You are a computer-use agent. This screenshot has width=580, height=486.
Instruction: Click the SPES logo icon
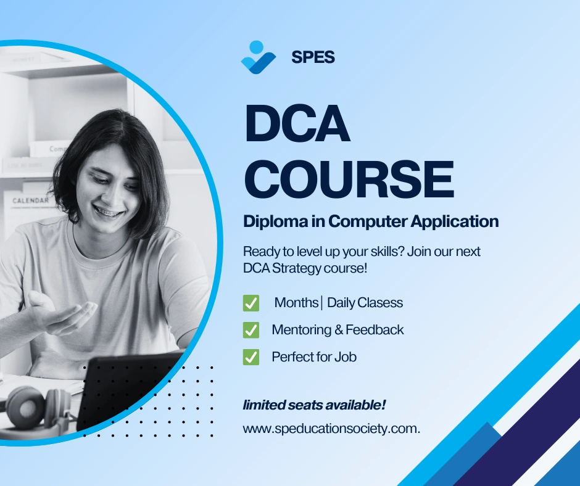tap(258, 57)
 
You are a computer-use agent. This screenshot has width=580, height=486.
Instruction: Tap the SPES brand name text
tap(313, 57)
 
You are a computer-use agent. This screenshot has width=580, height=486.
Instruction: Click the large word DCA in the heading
tap(297, 125)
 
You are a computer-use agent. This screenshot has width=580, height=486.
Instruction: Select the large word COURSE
tap(349, 178)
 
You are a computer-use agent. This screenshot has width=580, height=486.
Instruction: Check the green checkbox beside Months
tap(251, 303)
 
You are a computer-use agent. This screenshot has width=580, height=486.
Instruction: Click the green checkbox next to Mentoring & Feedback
tap(251, 330)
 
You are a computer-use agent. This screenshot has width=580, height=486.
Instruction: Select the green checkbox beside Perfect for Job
tap(251, 356)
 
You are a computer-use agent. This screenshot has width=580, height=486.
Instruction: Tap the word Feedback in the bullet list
tap(375, 330)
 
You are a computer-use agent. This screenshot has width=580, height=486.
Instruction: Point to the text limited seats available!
tap(314, 405)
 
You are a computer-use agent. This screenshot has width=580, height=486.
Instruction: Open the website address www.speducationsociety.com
tap(331, 429)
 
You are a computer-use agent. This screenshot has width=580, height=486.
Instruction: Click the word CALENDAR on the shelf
tap(30, 200)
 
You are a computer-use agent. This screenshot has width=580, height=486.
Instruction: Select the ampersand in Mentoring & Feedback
tap(338, 330)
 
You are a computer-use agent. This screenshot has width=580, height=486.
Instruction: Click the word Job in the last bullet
tap(346, 356)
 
